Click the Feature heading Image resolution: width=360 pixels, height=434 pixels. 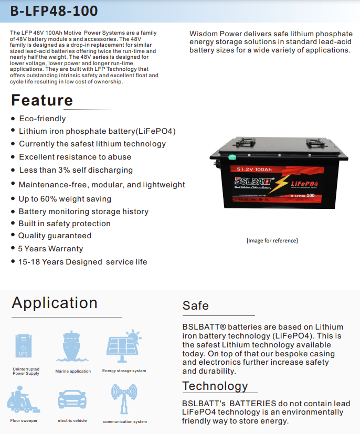pyautogui.click(x=42, y=100)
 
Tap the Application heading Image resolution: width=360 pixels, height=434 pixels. pyautogui.click(x=55, y=303)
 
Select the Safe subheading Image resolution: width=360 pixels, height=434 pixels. pyautogui.click(x=196, y=305)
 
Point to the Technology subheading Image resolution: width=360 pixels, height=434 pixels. pyautogui.click(x=215, y=386)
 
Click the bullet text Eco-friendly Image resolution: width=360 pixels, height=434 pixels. pyautogui.click(x=43, y=119)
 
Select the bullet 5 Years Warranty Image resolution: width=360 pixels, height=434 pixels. pyautogui.click(x=50, y=249)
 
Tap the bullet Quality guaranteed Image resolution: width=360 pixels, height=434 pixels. pyautogui.click(x=55, y=236)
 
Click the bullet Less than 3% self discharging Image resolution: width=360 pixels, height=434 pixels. pyautogui.click(x=76, y=170)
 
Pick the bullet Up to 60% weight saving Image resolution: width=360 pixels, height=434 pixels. pyautogui.click(x=65, y=199)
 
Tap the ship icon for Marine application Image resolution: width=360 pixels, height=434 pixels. pyautogui.click(x=72, y=347)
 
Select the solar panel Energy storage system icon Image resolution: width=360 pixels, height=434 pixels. pyautogui.click(x=124, y=345)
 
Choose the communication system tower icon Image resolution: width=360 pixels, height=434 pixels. pyautogui.click(x=124, y=399)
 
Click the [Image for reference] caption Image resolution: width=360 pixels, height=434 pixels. pyautogui.click(x=272, y=240)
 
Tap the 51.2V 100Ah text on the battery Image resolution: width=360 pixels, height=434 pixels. pyautogui.click(x=254, y=170)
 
